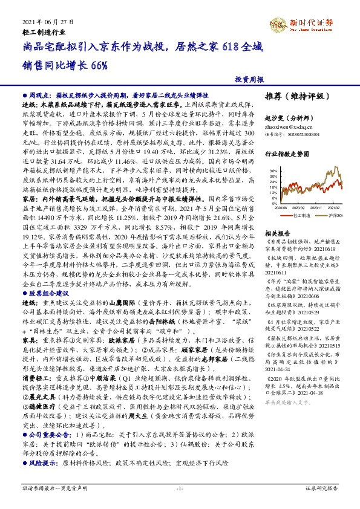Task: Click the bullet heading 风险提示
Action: point(43,445)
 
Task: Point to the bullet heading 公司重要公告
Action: point(48,418)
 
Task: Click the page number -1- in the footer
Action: point(179,487)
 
